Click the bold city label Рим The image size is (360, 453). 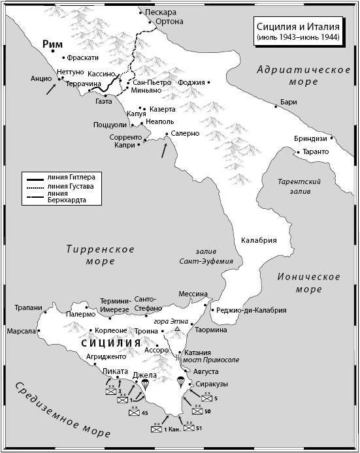[51, 44]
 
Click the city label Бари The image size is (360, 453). [288, 102]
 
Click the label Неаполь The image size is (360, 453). [160, 121]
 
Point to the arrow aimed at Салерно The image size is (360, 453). [164, 149]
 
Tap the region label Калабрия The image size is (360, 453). [259, 240]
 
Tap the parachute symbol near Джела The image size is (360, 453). [145, 385]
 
